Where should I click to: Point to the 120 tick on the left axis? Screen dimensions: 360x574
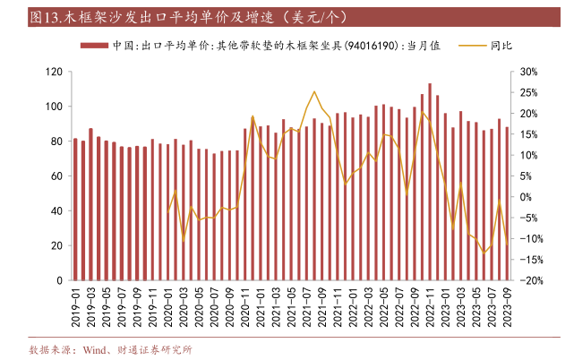tap(53, 72)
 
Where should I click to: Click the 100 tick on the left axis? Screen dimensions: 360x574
tap(53, 107)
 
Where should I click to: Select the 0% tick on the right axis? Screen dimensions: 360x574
tap(526, 197)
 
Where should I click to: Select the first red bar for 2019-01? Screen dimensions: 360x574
tap(75, 210)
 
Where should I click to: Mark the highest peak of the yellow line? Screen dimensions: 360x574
tap(314, 91)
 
